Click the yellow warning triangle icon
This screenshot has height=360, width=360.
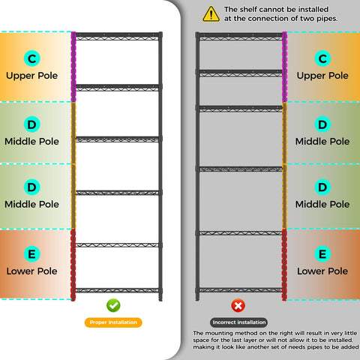tap(211, 14)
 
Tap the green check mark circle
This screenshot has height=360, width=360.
tap(113, 305)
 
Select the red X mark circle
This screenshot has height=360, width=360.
tap(238, 305)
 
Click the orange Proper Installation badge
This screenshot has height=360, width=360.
tap(113, 322)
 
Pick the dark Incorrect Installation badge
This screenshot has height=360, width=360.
tap(238, 322)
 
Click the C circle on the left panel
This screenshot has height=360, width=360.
tap(32, 58)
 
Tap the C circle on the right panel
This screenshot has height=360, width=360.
tap(322, 58)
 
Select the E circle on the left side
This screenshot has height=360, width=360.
tap(32, 254)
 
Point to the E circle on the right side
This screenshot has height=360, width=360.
tap(322, 254)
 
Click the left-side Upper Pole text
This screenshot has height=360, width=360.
tap(32, 76)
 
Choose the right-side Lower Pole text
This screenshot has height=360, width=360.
tap(322, 271)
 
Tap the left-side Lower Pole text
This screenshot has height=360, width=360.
tap(32, 271)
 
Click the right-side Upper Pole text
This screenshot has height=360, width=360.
tap(322, 76)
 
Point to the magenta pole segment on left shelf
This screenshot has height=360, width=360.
tap(73, 67)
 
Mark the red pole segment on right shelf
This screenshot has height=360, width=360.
tap(284, 265)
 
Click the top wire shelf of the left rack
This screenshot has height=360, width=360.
tap(117, 36)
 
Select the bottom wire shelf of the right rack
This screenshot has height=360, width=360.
tap(241, 290)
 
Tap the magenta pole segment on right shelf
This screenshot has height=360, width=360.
tap(284, 67)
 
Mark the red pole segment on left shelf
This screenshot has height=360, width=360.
tap(73, 265)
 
